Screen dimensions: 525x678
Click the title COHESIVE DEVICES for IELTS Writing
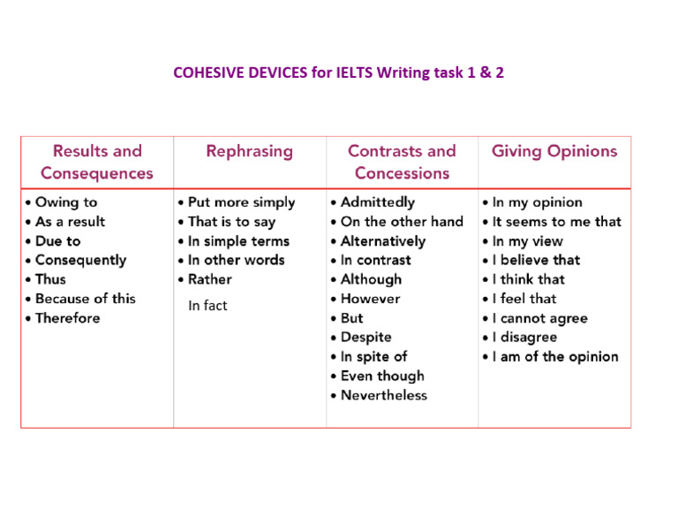(x=339, y=72)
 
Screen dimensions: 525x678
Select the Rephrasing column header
(x=249, y=151)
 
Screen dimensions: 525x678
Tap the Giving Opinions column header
(x=554, y=151)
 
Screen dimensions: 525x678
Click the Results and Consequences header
(x=97, y=162)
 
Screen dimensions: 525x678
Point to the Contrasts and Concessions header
(x=402, y=162)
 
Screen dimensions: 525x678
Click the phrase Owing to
(x=66, y=202)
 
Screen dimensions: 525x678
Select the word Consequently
(x=80, y=260)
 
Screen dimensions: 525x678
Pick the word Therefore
(x=68, y=318)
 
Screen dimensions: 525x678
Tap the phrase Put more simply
(x=241, y=202)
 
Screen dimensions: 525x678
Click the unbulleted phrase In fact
(x=207, y=306)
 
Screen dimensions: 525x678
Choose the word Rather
(x=210, y=279)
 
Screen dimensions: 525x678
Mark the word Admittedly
(x=377, y=202)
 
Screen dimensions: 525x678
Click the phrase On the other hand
(x=402, y=222)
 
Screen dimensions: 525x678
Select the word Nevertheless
(x=384, y=395)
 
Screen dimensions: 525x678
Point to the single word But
(x=352, y=318)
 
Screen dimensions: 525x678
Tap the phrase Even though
(x=382, y=376)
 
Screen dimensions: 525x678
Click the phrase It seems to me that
(x=556, y=222)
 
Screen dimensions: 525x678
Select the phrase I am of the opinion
(x=555, y=357)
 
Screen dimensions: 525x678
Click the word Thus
(x=50, y=279)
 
